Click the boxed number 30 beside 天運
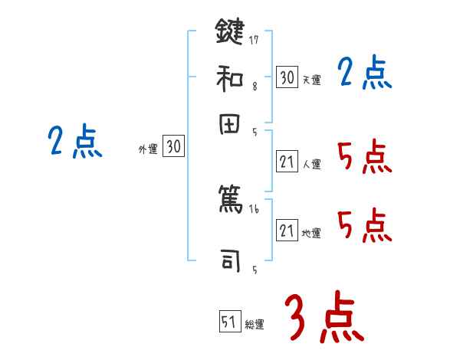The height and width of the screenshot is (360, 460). pyautogui.click(x=287, y=77)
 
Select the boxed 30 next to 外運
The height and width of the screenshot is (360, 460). pyautogui.click(x=173, y=148)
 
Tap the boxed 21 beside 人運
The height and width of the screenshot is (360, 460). pyautogui.click(x=287, y=162)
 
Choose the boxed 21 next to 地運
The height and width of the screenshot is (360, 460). pyautogui.click(x=287, y=231)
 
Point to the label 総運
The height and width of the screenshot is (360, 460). pyautogui.click(x=255, y=325)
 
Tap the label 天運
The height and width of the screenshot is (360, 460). pyautogui.click(x=311, y=80)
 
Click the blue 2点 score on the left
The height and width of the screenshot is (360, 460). pyautogui.click(x=75, y=142)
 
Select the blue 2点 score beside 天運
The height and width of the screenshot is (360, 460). pyautogui.click(x=365, y=74)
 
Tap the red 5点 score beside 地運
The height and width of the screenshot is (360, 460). pyautogui.click(x=365, y=227)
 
